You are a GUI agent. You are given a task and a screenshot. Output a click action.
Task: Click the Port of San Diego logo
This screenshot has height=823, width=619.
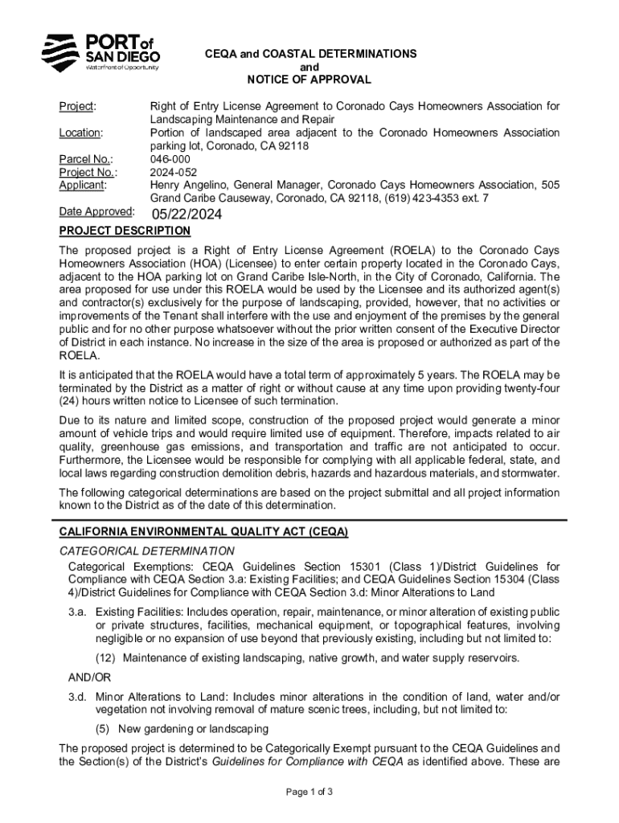pyautogui.click(x=100, y=53)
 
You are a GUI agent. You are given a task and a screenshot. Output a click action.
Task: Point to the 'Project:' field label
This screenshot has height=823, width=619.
pyautogui.click(x=78, y=107)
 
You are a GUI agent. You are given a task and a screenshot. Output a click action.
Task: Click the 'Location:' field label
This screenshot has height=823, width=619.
pyautogui.click(x=80, y=133)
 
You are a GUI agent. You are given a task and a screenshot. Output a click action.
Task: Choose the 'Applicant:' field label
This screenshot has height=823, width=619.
pyautogui.click(x=84, y=185)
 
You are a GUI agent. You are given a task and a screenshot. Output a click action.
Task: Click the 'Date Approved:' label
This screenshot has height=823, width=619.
pyautogui.click(x=96, y=211)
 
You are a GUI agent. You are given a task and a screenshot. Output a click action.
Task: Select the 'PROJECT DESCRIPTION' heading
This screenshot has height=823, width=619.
pyautogui.click(x=125, y=231)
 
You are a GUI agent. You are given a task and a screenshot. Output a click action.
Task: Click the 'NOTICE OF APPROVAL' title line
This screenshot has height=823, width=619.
pyautogui.click(x=309, y=80)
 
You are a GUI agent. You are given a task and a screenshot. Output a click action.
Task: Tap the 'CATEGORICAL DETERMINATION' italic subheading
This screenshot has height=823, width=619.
pyautogui.click(x=147, y=551)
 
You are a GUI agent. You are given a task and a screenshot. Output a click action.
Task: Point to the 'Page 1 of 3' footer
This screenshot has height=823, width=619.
pyautogui.click(x=309, y=792)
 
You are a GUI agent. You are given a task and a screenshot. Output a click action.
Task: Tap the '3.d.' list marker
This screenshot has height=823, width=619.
pyautogui.click(x=78, y=697)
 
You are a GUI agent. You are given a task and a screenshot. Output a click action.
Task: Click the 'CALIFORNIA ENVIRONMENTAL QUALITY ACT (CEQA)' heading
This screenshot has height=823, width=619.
pyautogui.click(x=203, y=533)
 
